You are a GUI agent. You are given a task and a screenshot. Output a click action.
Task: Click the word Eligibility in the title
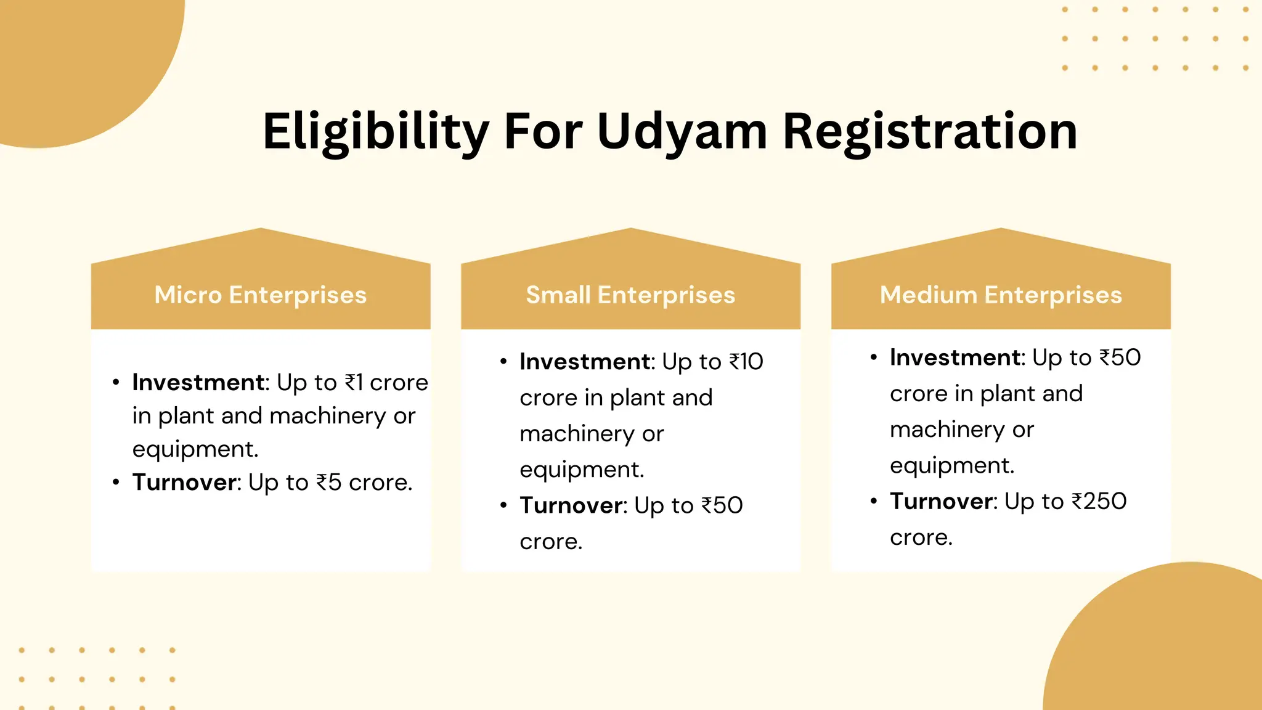click(x=375, y=132)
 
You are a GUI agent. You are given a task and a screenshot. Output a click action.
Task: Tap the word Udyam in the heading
click(x=682, y=132)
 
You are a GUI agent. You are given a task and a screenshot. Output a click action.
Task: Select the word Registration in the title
click(x=930, y=132)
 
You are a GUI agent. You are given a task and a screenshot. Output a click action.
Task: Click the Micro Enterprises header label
click(x=261, y=295)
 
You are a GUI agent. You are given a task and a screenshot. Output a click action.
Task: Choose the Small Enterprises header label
click(x=630, y=295)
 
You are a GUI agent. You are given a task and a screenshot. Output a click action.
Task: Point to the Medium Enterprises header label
click(x=1001, y=295)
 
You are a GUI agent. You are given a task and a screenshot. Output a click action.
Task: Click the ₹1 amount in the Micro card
click(x=354, y=383)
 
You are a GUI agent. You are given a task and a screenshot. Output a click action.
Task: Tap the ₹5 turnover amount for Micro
click(x=329, y=483)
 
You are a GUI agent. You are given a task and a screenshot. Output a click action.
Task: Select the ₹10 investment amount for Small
click(x=746, y=362)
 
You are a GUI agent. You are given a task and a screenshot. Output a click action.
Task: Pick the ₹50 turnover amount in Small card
click(x=722, y=506)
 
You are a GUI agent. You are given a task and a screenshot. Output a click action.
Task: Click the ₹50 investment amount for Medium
click(x=1120, y=357)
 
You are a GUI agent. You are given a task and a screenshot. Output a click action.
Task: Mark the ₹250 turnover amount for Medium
click(x=1099, y=502)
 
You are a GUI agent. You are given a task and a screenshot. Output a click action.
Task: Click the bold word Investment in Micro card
click(x=198, y=383)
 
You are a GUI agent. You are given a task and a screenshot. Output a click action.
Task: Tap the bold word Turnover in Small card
click(x=571, y=506)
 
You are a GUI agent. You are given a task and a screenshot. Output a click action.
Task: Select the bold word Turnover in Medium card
click(x=942, y=502)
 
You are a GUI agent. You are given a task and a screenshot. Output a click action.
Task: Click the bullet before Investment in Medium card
click(x=874, y=357)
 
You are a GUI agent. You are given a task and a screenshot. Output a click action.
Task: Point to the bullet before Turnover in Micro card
click(x=116, y=482)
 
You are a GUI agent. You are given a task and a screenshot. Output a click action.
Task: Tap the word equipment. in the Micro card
click(x=195, y=449)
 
